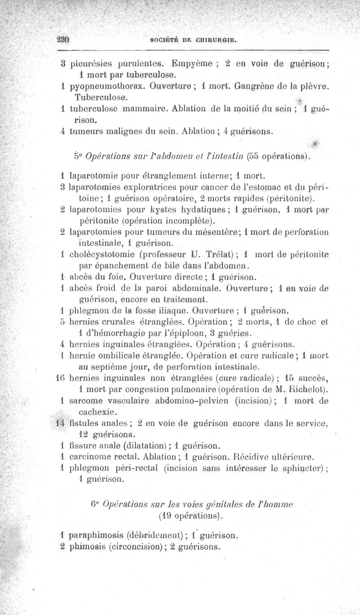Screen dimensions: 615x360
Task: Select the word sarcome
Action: click(x=85, y=400)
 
